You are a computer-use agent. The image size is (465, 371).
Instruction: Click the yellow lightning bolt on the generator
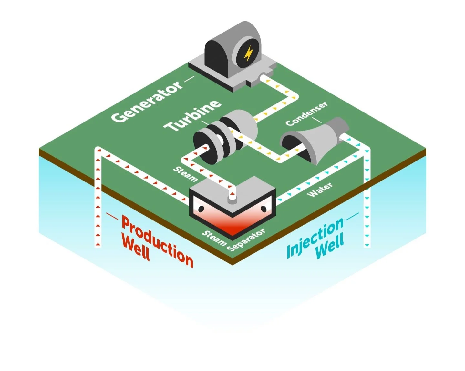click(248, 54)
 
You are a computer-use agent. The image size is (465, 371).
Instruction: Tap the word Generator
click(147, 101)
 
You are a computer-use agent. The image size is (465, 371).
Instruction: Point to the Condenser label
click(306, 113)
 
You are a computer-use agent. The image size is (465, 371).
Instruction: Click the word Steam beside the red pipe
click(185, 174)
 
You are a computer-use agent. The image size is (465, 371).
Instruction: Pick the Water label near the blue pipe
click(319, 190)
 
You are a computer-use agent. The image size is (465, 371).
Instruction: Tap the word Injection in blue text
click(315, 238)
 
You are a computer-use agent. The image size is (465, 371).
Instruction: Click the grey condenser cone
click(320, 139)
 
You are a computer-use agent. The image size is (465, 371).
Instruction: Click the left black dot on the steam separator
click(201, 209)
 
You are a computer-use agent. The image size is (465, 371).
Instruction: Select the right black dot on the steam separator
click(263, 209)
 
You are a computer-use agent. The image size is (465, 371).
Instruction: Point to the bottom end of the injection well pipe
click(367, 245)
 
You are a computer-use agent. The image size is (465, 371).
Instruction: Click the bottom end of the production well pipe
click(98, 245)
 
